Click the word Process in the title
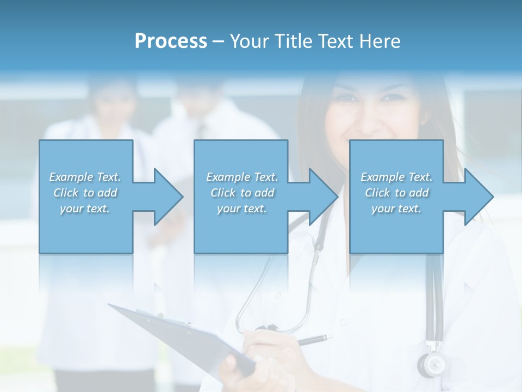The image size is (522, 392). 171,41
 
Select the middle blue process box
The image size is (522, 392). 241,229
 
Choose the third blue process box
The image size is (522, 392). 396,229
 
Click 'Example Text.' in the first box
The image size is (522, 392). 85,177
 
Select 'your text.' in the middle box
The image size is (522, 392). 241,209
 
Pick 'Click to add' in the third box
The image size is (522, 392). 397,193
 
